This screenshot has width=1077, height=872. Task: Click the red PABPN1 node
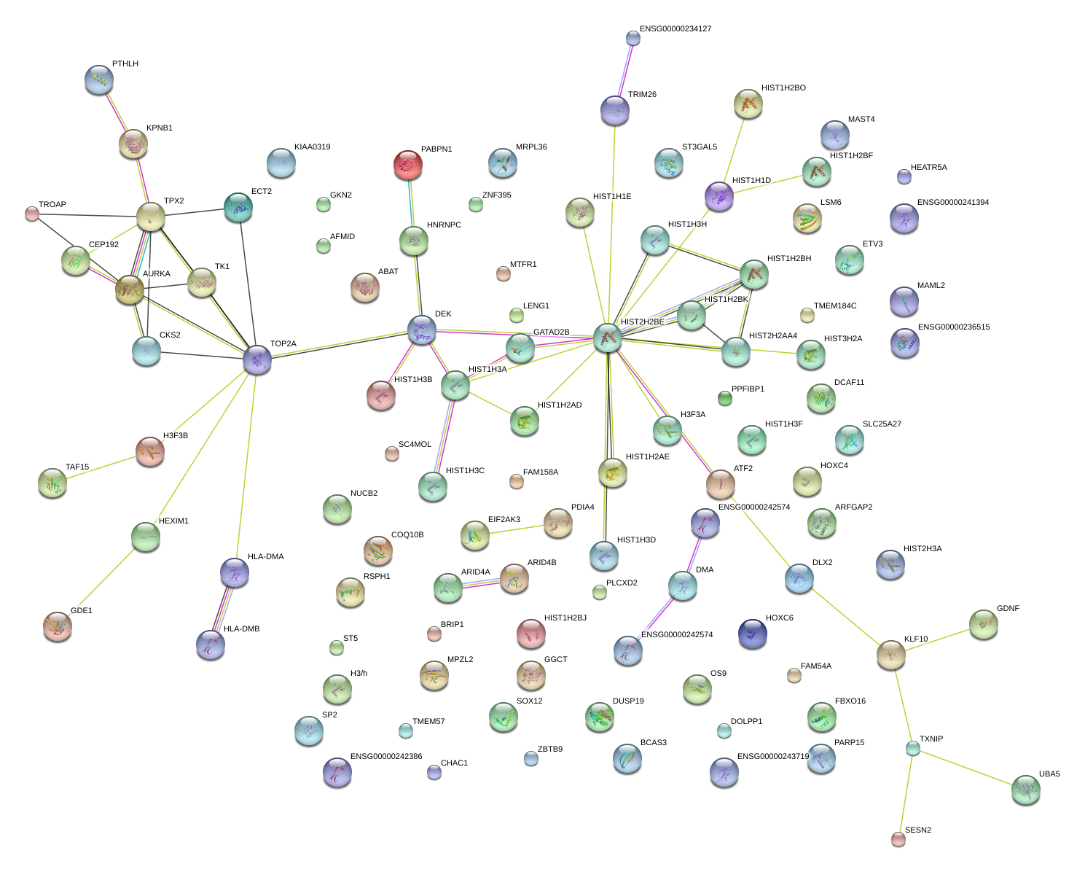[407, 165]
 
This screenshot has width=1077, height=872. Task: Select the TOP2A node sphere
[256, 359]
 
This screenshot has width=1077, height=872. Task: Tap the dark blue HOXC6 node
[752, 633]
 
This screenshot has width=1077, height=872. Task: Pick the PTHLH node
[99, 79]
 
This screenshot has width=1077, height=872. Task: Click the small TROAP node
[32, 214]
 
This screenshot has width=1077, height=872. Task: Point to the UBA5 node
[1026, 790]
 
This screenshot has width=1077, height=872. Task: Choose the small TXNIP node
[913, 747]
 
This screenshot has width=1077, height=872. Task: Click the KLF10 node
[890, 654]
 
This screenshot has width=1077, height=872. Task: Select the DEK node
[421, 330]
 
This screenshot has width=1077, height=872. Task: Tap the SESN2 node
[898, 839]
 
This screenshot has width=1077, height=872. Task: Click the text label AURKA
[157, 274]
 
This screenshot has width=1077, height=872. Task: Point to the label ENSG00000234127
[675, 29]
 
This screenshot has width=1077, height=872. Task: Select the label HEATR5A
[929, 168]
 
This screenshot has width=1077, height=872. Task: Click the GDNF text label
[1008, 609]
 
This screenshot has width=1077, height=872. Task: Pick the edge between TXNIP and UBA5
[969, 768]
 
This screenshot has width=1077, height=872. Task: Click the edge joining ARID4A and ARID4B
[481, 583]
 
